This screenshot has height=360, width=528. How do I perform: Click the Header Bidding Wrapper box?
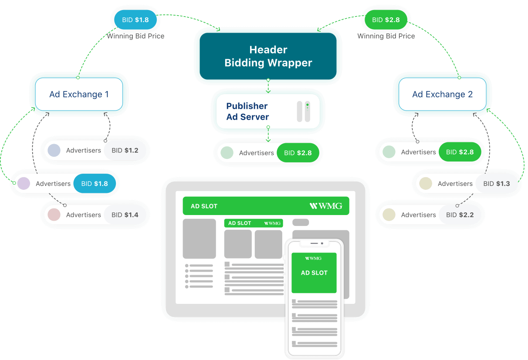(x=268, y=56)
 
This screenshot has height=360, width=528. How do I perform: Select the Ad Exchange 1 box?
(x=79, y=94)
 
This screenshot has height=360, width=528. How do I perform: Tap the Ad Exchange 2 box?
(x=442, y=94)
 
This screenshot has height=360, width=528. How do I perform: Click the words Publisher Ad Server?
(x=247, y=111)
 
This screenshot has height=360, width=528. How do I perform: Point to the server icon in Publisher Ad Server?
(x=303, y=111)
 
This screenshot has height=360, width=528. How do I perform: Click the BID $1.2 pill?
(x=125, y=151)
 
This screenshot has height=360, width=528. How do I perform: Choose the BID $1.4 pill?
(x=125, y=215)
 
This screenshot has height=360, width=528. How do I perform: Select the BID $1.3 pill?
(x=496, y=184)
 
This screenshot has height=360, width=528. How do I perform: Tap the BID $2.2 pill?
(x=460, y=215)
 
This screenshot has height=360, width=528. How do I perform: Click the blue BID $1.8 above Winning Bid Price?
(x=135, y=20)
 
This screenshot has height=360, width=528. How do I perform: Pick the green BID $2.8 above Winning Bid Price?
(x=386, y=20)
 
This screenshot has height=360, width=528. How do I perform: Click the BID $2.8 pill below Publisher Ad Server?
(x=298, y=153)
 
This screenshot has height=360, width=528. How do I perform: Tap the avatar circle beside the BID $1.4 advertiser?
(x=54, y=215)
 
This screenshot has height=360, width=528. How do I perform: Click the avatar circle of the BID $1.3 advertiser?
(x=426, y=184)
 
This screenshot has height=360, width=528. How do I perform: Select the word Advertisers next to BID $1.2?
(x=83, y=151)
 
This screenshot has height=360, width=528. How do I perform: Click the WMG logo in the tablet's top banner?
(x=325, y=206)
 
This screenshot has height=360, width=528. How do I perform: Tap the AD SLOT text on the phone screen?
(x=314, y=273)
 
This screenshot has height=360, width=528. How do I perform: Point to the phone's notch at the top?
(x=314, y=243)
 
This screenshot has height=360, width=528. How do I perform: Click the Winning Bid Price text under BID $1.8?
(x=135, y=36)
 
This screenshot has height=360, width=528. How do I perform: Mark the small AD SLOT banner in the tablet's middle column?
(x=253, y=223)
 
